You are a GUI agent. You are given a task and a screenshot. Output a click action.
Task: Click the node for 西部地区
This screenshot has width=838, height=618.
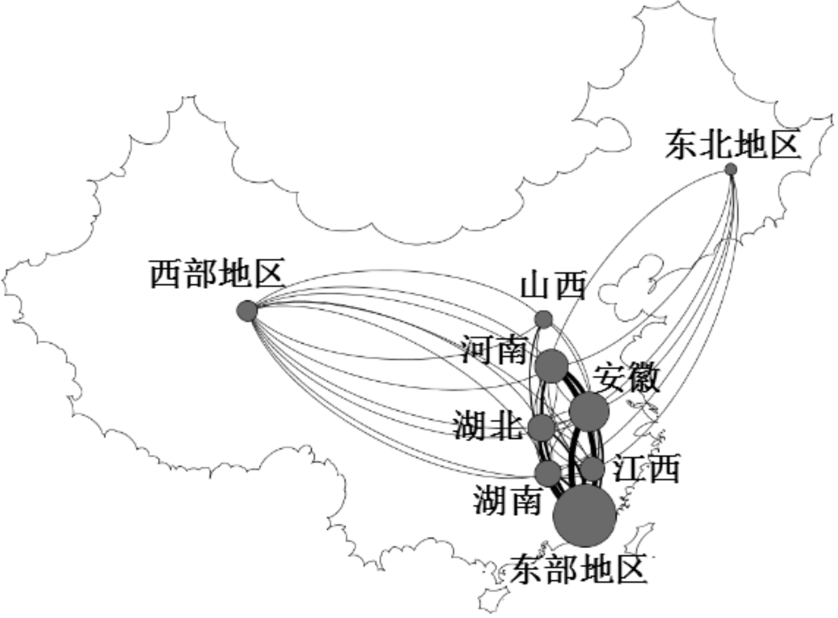(247, 310)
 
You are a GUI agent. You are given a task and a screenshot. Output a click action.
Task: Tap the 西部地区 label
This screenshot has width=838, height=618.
(216, 274)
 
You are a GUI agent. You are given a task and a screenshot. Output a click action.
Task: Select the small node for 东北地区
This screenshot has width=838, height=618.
(730, 169)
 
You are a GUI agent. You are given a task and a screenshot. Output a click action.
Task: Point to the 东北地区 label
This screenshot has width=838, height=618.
(732, 145)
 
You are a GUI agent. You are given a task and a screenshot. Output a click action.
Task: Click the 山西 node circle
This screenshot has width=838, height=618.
(543, 319)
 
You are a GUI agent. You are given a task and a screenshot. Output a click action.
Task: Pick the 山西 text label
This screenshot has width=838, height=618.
(553, 285)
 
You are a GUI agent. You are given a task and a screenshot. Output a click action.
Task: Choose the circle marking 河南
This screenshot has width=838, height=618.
(551, 365)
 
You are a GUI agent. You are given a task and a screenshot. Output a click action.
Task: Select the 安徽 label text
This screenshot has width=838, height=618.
(626, 378)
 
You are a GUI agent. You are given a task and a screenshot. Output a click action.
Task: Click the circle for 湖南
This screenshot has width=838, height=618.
(548, 473)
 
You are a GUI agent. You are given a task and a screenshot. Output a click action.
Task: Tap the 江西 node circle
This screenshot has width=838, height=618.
(592, 468)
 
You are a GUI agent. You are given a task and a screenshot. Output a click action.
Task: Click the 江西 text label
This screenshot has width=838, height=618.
(646, 468)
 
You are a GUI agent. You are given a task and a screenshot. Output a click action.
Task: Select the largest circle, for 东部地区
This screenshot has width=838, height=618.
(585, 515)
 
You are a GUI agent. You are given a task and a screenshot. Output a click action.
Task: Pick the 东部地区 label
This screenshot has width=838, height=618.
(578, 570)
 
